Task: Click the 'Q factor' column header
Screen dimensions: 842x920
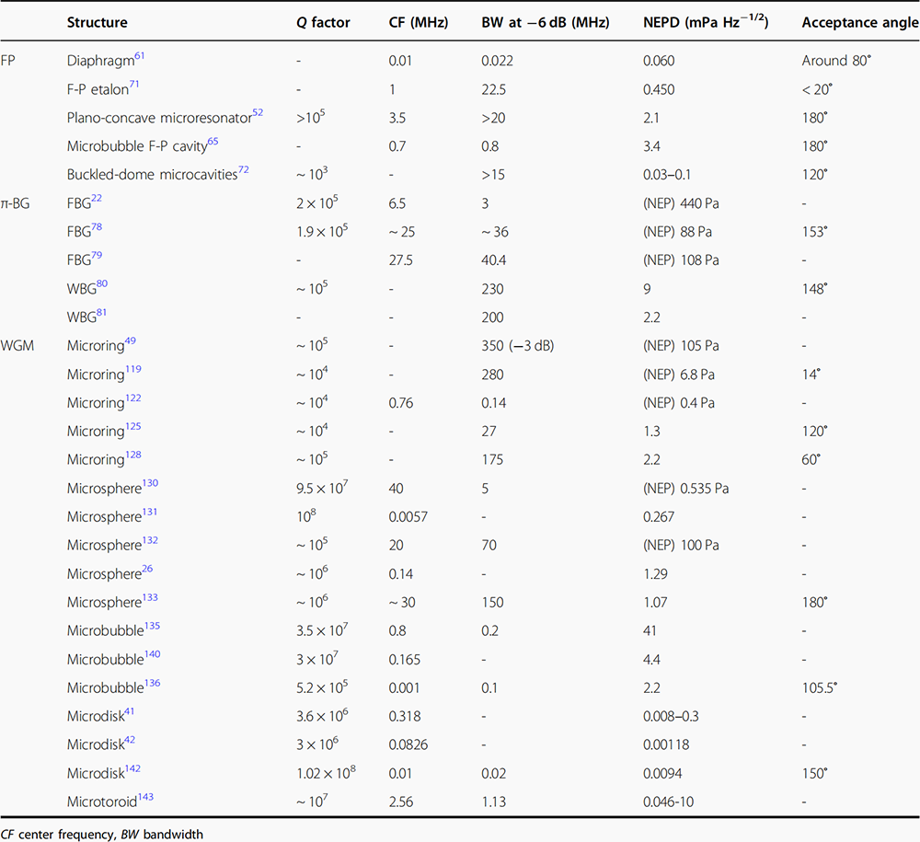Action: click(x=316, y=22)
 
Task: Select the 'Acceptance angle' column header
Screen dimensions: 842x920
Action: click(x=859, y=22)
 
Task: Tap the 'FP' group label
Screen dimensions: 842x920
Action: click(x=13, y=61)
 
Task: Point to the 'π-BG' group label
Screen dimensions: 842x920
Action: click(x=22, y=203)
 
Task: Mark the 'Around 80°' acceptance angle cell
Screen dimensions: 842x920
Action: click(x=837, y=61)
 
